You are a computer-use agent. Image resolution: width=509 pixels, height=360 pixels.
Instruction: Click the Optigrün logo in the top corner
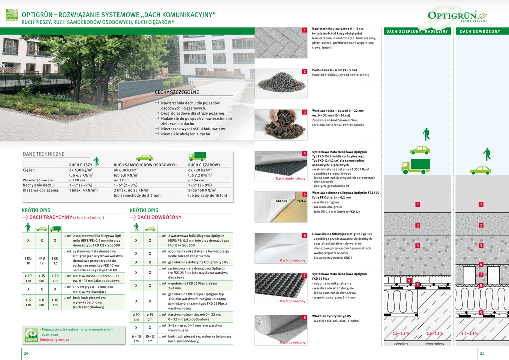(457, 16)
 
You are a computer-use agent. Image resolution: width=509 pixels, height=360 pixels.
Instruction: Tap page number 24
(26, 353)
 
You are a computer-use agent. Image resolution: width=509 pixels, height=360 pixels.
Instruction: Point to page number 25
(482, 353)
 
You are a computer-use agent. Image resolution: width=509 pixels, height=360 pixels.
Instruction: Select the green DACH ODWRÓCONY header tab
(480, 32)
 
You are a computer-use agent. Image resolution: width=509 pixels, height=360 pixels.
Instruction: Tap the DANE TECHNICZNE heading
(44, 154)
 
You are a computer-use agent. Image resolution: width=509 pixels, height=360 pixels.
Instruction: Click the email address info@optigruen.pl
(55, 340)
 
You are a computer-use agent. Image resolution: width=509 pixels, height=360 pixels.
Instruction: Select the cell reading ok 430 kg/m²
(81, 170)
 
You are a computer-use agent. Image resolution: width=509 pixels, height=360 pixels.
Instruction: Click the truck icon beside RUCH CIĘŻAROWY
(197, 157)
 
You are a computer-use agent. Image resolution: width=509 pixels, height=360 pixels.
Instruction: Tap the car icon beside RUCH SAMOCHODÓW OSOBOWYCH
(144, 158)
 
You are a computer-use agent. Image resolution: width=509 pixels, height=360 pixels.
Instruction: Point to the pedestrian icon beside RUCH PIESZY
(96, 160)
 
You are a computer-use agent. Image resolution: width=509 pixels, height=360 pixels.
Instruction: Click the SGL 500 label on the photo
(281, 201)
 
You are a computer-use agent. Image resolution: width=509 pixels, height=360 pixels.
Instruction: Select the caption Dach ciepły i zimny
(291, 178)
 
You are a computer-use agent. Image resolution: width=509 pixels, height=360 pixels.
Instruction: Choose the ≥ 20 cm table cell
(55, 278)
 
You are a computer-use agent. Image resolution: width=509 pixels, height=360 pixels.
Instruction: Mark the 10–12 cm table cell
(150, 339)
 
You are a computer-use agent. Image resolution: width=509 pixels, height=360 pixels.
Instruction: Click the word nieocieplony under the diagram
(435, 344)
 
